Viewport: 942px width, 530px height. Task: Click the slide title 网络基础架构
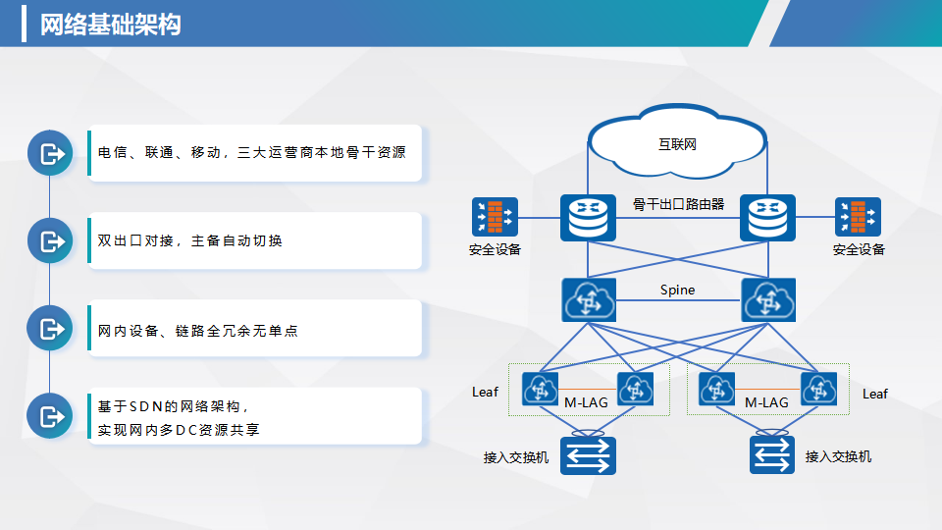pos(110,25)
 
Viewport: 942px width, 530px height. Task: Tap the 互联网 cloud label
pos(677,144)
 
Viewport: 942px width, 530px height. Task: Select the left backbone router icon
pos(588,217)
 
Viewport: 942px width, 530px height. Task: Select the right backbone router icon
pos(767,217)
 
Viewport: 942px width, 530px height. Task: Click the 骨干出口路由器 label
pos(678,204)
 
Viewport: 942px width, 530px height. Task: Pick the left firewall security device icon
pos(495,217)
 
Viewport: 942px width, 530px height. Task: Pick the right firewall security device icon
pos(858,217)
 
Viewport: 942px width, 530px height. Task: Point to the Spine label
pos(677,290)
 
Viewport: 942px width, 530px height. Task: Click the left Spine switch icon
pos(588,299)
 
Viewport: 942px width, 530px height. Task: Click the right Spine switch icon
pos(768,299)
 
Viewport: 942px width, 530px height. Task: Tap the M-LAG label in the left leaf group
pos(587,402)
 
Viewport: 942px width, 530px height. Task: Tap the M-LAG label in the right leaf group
pos(766,402)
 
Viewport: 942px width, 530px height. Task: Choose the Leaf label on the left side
pos(485,392)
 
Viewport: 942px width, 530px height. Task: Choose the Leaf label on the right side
pos(874,394)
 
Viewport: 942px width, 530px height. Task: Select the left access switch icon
pos(588,455)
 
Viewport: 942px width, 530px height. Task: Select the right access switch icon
pos(770,455)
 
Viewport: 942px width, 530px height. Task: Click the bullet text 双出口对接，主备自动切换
pos(190,240)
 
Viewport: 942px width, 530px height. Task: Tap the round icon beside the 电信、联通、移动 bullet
pos(49,153)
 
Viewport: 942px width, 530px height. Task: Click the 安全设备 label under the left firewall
pos(495,249)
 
